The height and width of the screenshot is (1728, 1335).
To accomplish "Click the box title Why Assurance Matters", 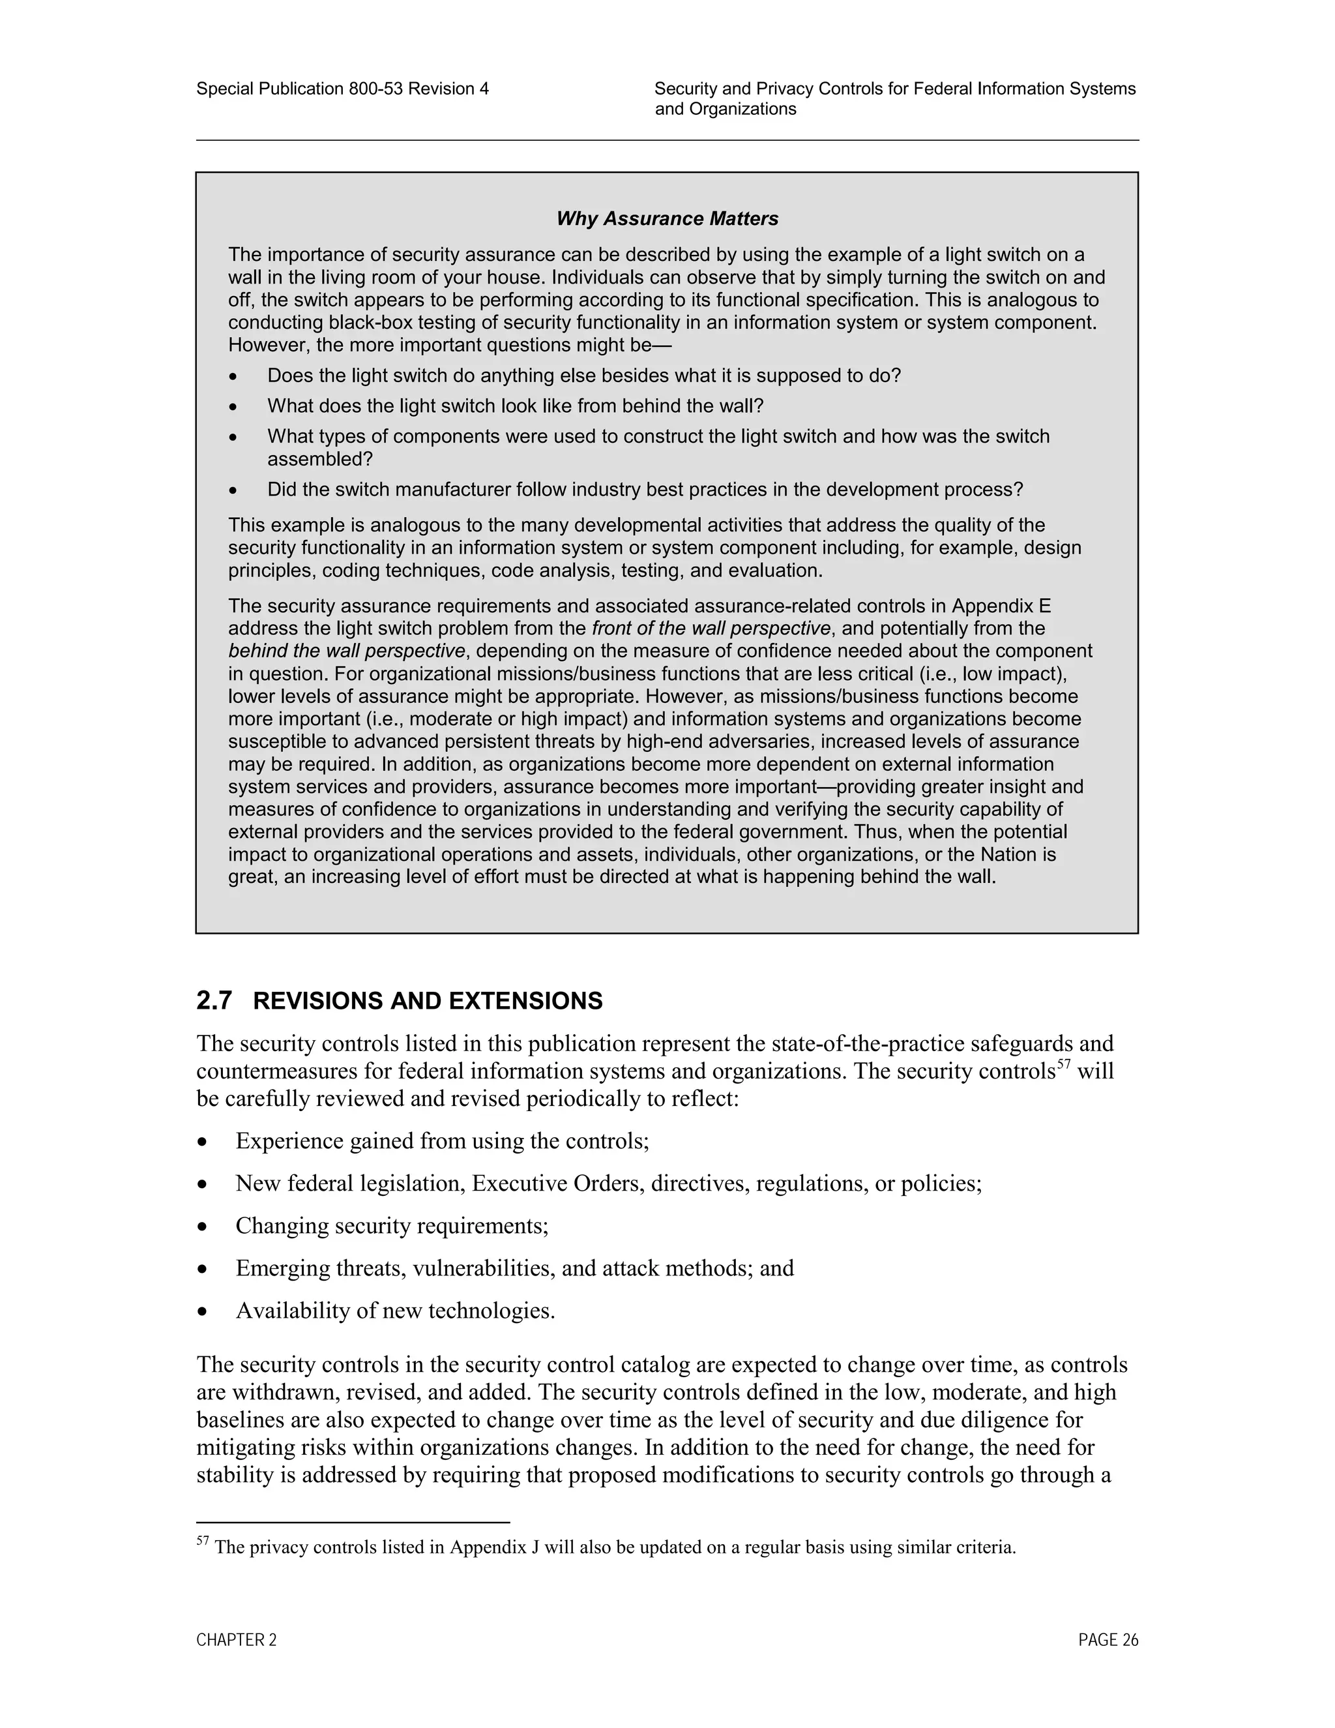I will pyautogui.click(x=667, y=219).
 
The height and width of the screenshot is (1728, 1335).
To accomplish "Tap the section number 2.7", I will pyautogui.click(x=214, y=1001).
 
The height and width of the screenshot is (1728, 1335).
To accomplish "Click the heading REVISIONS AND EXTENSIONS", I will pyautogui.click(x=427, y=1001).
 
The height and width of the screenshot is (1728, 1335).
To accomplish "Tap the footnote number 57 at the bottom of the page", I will pyautogui.click(x=203, y=1542).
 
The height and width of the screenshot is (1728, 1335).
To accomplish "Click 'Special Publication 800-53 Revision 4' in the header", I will pyautogui.click(x=342, y=89).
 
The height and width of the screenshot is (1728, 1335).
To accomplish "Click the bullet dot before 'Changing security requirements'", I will pyautogui.click(x=203, y=1227).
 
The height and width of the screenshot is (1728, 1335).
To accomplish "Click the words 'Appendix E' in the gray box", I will pyautogui.click(x=1001, y=606).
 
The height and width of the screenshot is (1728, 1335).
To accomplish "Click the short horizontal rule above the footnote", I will pyautogui.click(x=353, y=1521).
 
